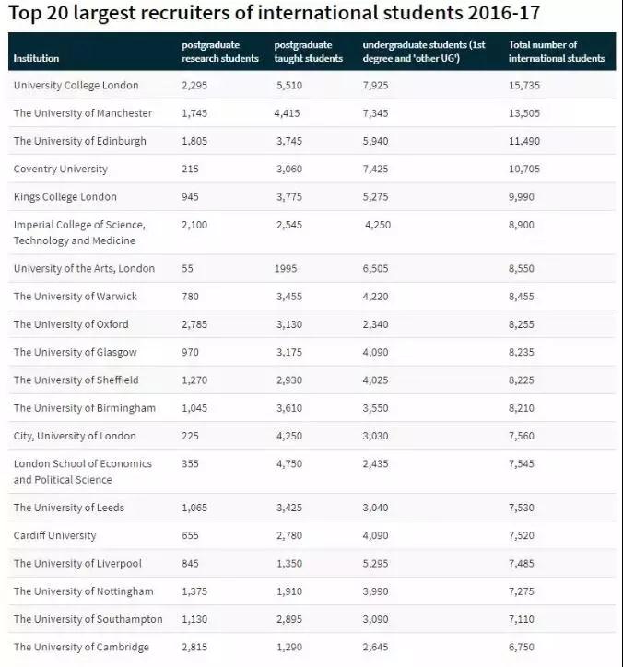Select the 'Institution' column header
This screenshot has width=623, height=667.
[36, 59]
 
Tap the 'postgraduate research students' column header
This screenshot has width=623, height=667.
[220, 52]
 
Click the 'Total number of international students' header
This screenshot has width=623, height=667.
[557, 52]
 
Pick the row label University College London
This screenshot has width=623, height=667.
[76, 86]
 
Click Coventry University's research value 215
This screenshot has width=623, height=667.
[193, 170]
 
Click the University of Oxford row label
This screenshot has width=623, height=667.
[71, 324]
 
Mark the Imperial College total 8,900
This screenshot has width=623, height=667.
[523, 225]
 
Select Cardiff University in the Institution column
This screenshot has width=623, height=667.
[54, 535]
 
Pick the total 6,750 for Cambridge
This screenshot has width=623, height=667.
[523, 647]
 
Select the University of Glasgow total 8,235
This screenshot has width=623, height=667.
[523, 352]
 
